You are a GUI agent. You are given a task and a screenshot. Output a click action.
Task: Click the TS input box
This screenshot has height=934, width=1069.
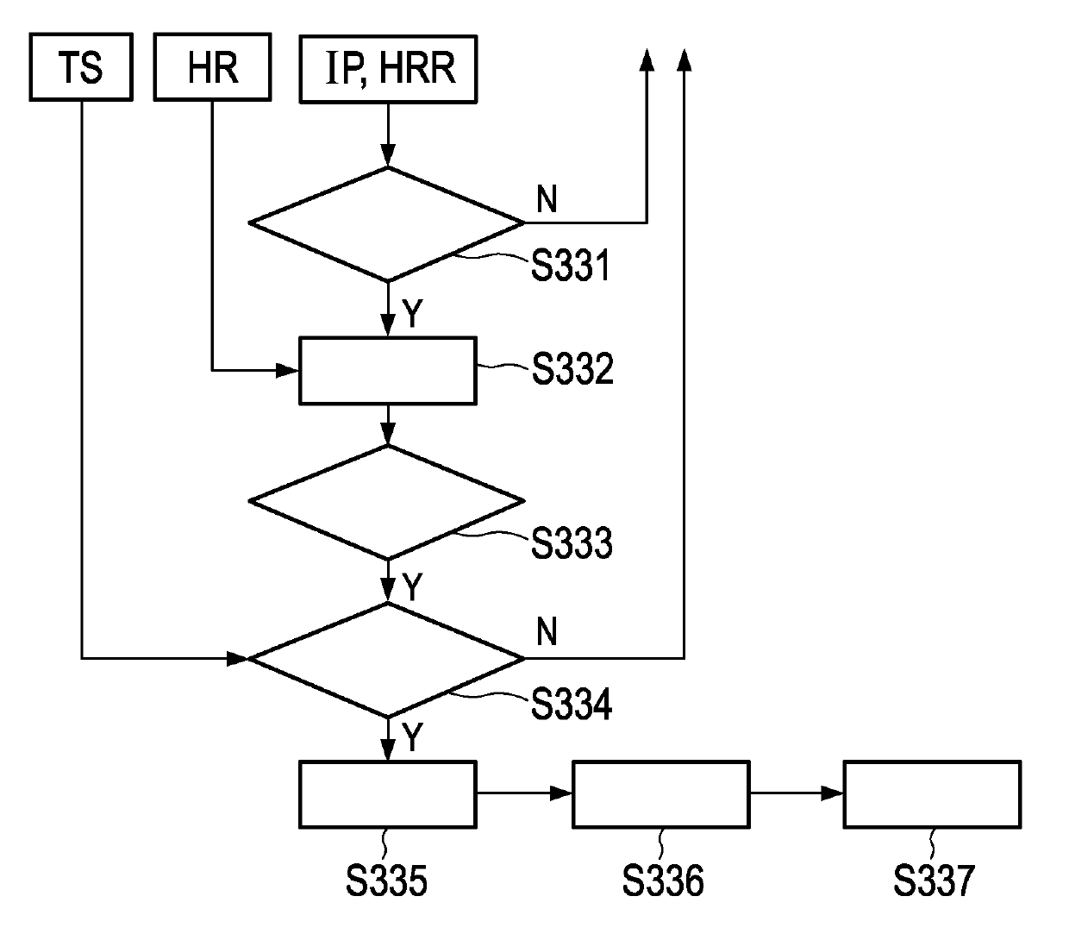point(81,67)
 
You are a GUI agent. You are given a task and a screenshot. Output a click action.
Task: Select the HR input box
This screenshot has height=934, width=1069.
point(212,67)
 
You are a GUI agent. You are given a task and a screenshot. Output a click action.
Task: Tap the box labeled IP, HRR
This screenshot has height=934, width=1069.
point(388,68)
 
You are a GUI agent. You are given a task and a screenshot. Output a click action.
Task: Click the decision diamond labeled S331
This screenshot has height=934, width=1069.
point(387,223)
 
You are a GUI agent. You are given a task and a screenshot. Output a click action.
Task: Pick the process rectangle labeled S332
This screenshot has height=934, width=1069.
point(387,371)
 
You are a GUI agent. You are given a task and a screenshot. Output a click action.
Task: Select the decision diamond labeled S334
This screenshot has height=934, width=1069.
point(387,659)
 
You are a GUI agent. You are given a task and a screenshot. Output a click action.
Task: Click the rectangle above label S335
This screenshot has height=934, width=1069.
point(387,794)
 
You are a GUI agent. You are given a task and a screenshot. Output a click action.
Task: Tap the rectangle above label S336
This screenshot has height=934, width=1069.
point(660,794)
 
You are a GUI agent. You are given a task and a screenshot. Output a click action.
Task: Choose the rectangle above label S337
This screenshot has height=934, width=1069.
point(932,794)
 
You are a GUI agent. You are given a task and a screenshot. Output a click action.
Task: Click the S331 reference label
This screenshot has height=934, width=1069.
point(571,266)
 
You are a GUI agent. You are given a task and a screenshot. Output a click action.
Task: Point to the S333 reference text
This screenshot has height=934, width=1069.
point(572,543)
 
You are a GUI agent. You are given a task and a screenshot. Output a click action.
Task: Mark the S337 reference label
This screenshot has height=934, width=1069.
point(934,881)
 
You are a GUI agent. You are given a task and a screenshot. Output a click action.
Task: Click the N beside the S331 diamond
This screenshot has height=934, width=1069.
point(547,199)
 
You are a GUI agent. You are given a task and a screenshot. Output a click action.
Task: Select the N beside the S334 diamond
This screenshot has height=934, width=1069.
point(547,632)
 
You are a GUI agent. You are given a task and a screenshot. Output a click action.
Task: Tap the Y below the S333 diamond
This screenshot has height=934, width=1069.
point(413,587)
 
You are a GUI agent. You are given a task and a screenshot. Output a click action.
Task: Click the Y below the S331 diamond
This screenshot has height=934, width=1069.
point(413,315)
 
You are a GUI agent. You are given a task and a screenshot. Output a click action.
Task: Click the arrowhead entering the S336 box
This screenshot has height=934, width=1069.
point(562,793)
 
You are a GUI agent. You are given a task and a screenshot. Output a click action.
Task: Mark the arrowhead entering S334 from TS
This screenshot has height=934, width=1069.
point(238,659)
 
